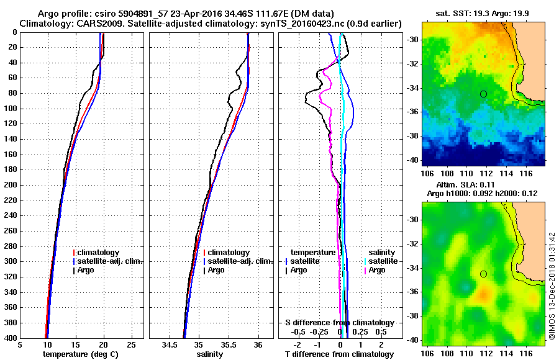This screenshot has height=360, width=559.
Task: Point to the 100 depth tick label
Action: [x=9, y=109]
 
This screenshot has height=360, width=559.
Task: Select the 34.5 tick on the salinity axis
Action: [x=169, y=345]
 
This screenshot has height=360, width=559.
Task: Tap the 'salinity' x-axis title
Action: [x=208, y=354]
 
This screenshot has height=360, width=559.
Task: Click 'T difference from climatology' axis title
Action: [x=339, y=354]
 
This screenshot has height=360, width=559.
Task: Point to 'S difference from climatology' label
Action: [x=339, y=323]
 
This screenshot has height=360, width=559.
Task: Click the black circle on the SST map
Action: [x=483, y=94]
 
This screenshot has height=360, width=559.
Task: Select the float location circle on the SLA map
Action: [x=483, y=274]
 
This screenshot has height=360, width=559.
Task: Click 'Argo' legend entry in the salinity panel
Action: [x=217, y=270]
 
